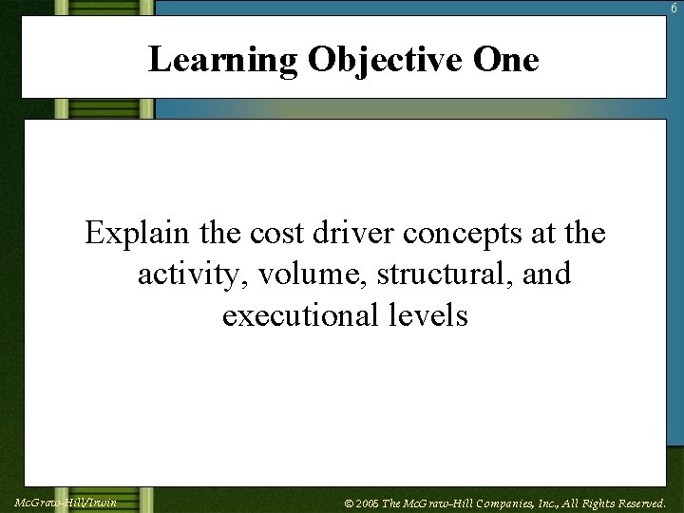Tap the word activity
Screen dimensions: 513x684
click(x=183, y=275)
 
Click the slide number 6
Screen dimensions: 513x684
click(x=674, y=8)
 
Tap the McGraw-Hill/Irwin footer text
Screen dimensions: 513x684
click(x=66, y=502)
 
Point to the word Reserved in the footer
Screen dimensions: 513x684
click(x=637, y=503)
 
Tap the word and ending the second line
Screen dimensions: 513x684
click(x=546, y=275)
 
